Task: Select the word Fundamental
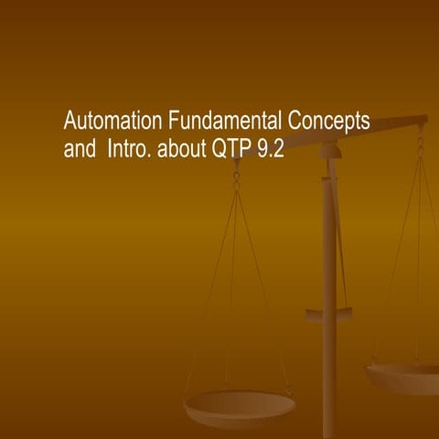(x=224, y=121)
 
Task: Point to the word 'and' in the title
(x=79, y=149)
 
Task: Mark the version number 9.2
(x=272, y=149)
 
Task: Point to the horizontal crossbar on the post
(x=329, y=316)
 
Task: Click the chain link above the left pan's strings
(x=236, y=178)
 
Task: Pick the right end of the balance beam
(x=421, y=120)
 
